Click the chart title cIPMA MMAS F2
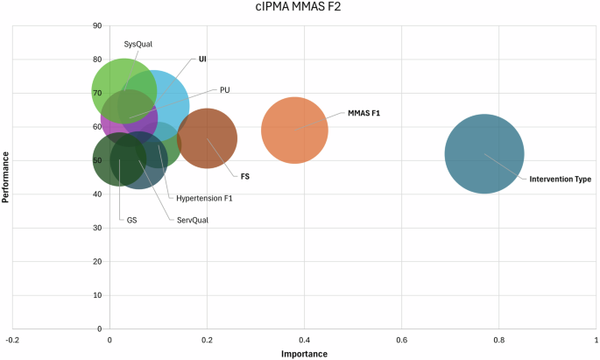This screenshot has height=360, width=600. [299, 11]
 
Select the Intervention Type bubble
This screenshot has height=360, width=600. [484, 154]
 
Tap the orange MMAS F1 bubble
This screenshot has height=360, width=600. [294, 130]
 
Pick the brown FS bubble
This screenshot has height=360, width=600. [207, 138]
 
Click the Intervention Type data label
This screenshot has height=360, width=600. [560, 180]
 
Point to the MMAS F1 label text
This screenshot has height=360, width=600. [364, 113]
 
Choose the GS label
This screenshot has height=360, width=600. [131, 220]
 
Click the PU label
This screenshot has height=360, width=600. [225, 90]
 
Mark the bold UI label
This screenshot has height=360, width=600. [202, 60]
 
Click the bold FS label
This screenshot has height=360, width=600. [245, 176]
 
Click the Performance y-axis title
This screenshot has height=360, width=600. [6, 178]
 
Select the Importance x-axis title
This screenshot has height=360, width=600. [304, 354]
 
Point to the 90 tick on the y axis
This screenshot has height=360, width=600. [97, 25]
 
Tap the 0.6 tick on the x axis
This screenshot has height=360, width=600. [402, 339]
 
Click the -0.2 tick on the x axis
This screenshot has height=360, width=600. [11, 339]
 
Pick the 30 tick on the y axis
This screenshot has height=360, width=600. [97, 228]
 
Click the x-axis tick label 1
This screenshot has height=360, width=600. [596, 339]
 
